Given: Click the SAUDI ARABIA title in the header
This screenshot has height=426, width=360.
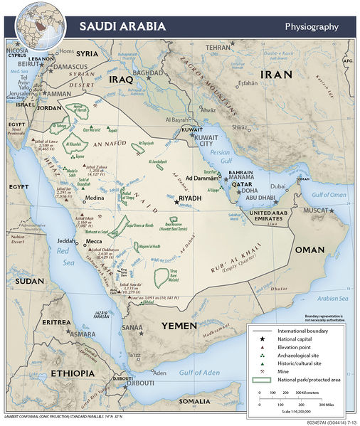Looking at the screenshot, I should tap(122, 27).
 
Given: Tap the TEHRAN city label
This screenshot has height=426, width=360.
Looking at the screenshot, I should tap(219, 47).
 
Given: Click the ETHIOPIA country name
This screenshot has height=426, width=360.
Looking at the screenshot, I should tap(71, 373).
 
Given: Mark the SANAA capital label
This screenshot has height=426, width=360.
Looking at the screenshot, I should tap(132, 326).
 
